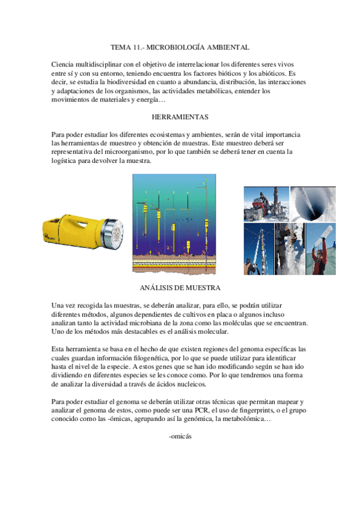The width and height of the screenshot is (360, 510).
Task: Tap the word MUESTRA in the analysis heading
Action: (x=204, y=287)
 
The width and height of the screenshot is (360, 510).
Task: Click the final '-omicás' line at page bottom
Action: (x=180, y=435)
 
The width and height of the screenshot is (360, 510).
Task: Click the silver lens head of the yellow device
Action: (x=112, y=230)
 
